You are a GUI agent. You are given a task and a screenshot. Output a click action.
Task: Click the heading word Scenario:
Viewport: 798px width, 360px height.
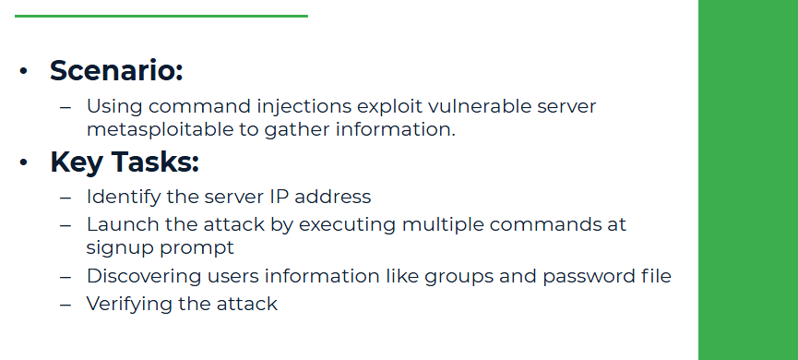pos(116,70)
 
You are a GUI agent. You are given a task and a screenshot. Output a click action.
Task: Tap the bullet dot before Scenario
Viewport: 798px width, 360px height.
pos(24,71)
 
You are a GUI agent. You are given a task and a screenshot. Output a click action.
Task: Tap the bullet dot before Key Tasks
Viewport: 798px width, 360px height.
pos(24,162)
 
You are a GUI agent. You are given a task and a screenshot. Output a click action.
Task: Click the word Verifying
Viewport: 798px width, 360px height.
pos(130,304)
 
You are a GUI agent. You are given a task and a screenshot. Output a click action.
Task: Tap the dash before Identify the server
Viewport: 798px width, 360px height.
pos(65,197)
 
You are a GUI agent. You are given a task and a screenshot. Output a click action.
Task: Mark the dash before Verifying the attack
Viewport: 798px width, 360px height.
pos(65,304)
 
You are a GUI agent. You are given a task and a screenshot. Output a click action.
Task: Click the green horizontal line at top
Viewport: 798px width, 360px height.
pos(161,16)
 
